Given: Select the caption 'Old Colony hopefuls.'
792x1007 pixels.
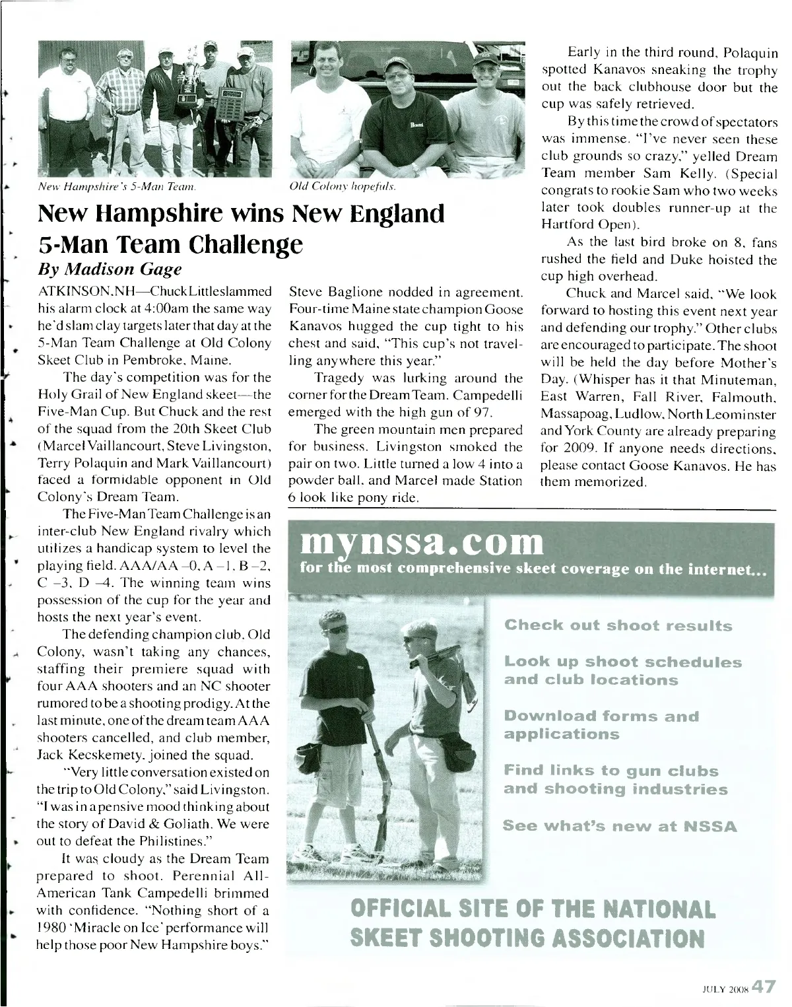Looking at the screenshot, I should pyautogui.click(x=343, y=187).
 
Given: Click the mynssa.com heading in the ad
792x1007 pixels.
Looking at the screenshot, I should pyautogui.click(x=422, y=542).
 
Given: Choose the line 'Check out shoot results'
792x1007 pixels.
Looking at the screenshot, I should pyautogui.click(x=618, y=625).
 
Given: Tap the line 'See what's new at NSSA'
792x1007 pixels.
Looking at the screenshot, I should pyautogui.click(x=620, y=826).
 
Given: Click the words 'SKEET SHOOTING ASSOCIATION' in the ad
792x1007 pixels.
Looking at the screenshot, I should pyautogui.click(x=527, y=938).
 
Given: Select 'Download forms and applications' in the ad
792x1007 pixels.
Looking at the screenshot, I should pyautogui.click(x=601, y=725).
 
